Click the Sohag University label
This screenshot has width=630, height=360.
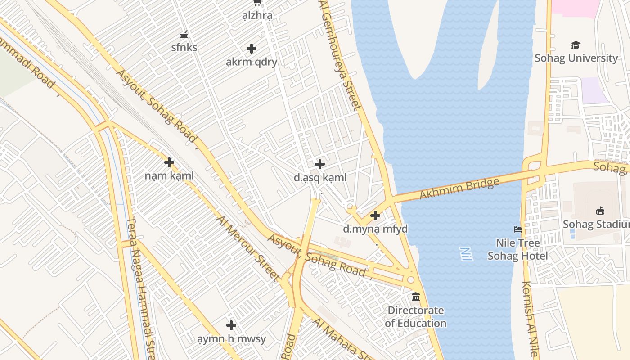point(576,58)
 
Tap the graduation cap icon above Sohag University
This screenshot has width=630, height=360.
point(576,45)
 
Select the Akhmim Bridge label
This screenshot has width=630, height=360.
point(459,189)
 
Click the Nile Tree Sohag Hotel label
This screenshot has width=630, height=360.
point(517,249)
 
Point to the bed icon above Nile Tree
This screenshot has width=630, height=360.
point(517,229)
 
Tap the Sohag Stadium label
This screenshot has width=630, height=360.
point(596,224)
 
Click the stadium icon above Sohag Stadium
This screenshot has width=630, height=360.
point(600,211)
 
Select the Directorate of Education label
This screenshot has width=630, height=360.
point(415,316)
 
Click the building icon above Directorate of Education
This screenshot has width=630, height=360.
point(415,297)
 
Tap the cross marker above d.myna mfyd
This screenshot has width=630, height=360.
point(375,216)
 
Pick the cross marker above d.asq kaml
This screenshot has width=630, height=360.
point(320,164)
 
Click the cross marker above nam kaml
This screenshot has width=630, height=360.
point(169,162)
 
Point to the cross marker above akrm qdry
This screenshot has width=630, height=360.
point(252,49)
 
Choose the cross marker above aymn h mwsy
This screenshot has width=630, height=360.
point(231,325)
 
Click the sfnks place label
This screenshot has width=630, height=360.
point(184,47)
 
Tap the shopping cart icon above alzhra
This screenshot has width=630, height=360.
point(257,2)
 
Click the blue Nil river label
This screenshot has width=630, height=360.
point(466,254)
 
